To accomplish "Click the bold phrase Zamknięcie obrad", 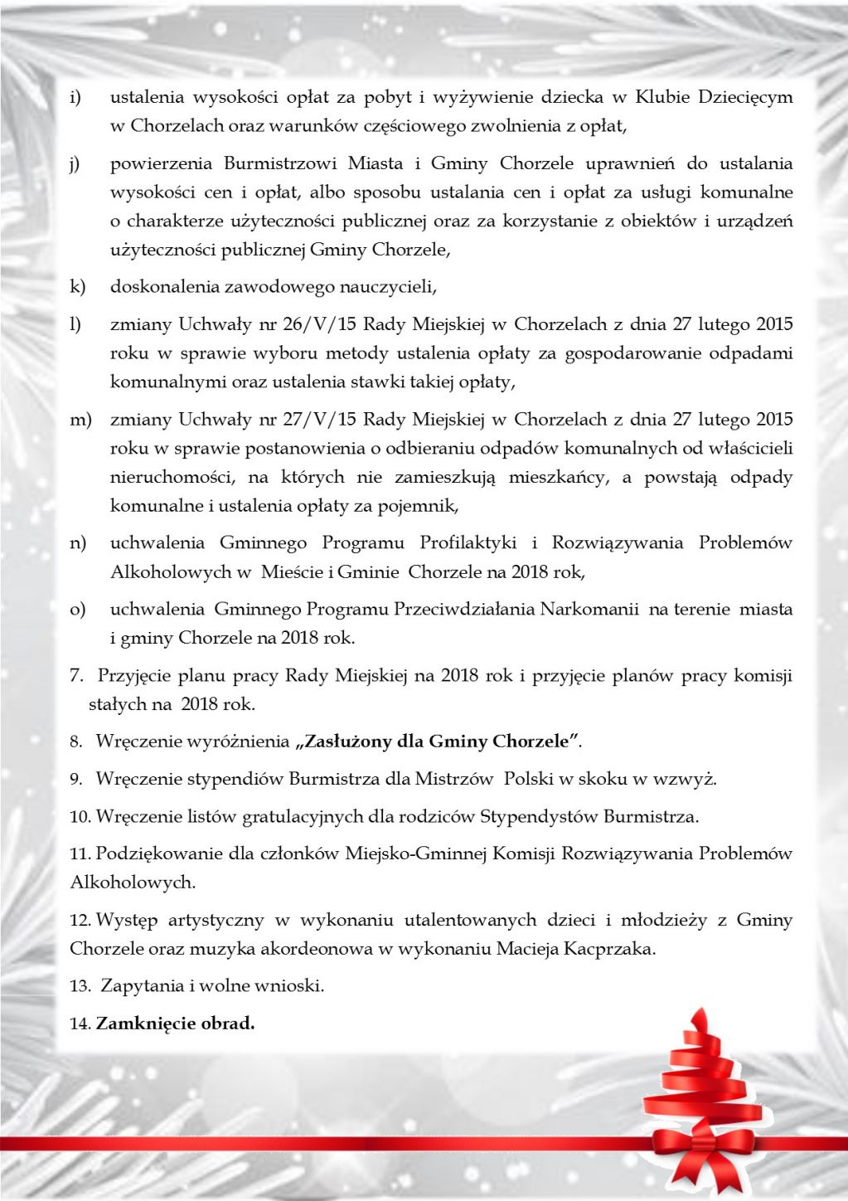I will coord(175,1024).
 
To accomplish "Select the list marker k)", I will coord(77,287).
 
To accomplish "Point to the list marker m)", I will coord(80,420).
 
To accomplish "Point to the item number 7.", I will coord(76,676).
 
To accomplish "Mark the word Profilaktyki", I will coord(468,543).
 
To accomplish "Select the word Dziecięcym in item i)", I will coord(744,97).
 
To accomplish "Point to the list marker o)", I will coord(77,610).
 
